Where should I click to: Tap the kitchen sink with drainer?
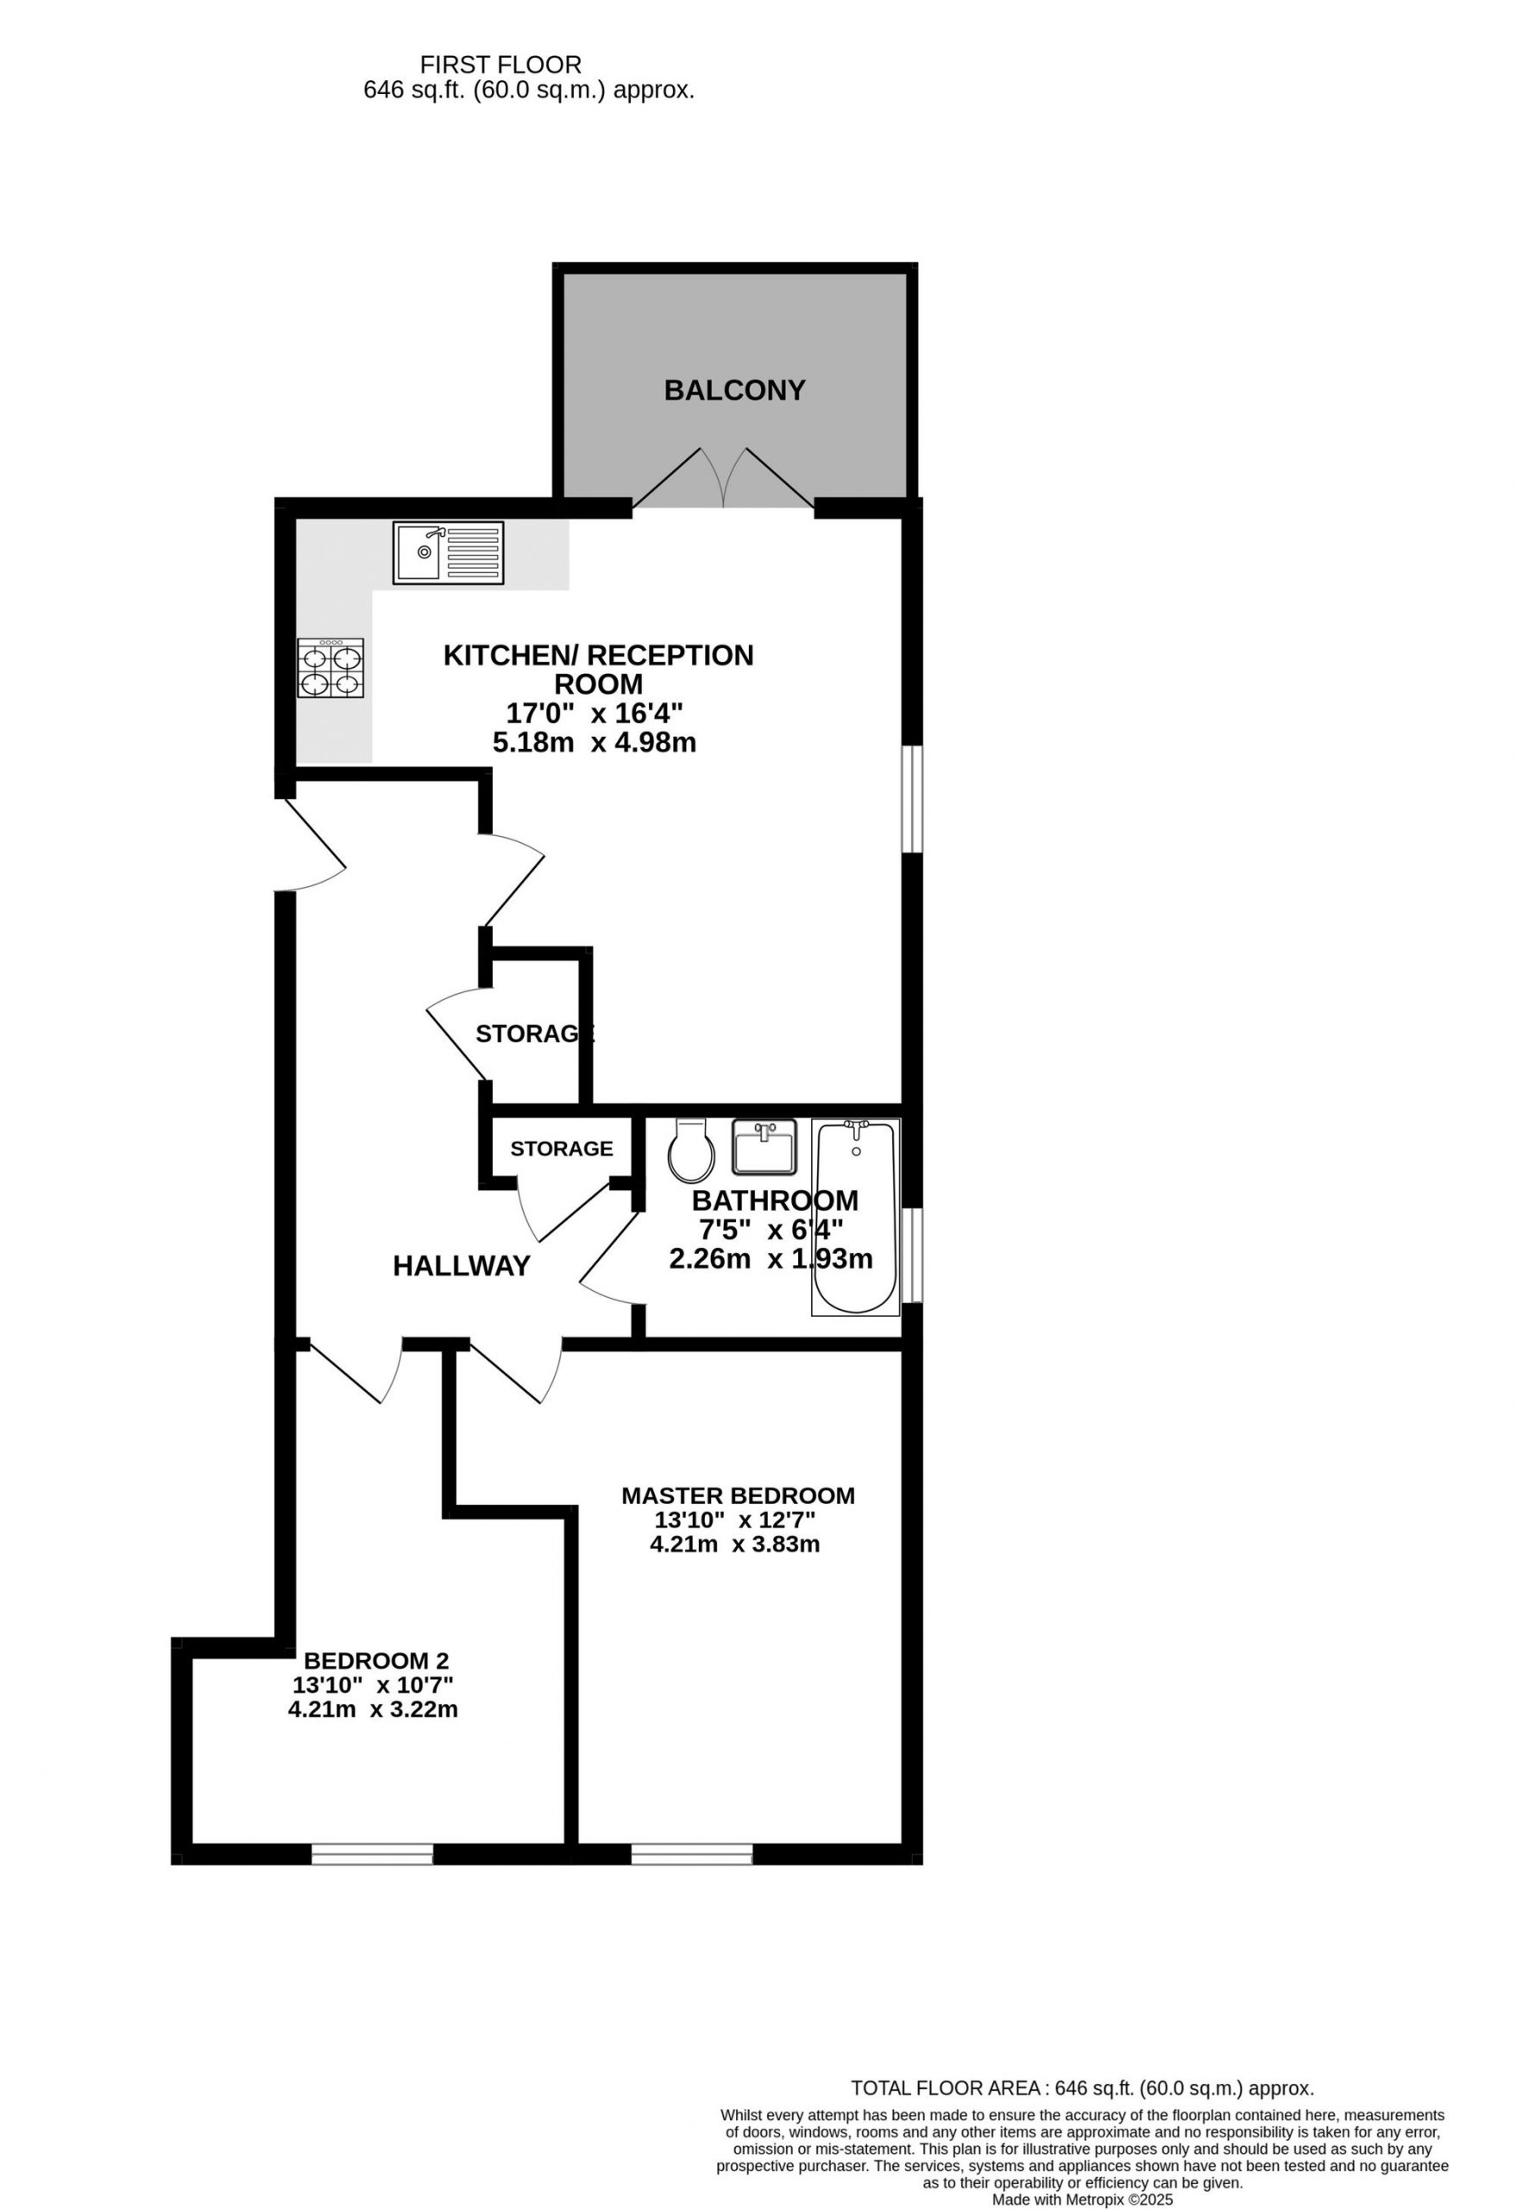449,552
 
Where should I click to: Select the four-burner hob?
330,667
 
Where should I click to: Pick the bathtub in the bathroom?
855,1217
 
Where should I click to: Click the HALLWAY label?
461,1266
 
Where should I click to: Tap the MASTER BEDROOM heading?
738,1495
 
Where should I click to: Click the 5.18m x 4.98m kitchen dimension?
594,742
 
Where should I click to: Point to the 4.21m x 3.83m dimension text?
735,1545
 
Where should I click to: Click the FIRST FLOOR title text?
501,65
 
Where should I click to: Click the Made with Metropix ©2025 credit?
1083,2200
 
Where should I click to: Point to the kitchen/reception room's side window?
911,798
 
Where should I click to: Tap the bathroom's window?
911,1255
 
